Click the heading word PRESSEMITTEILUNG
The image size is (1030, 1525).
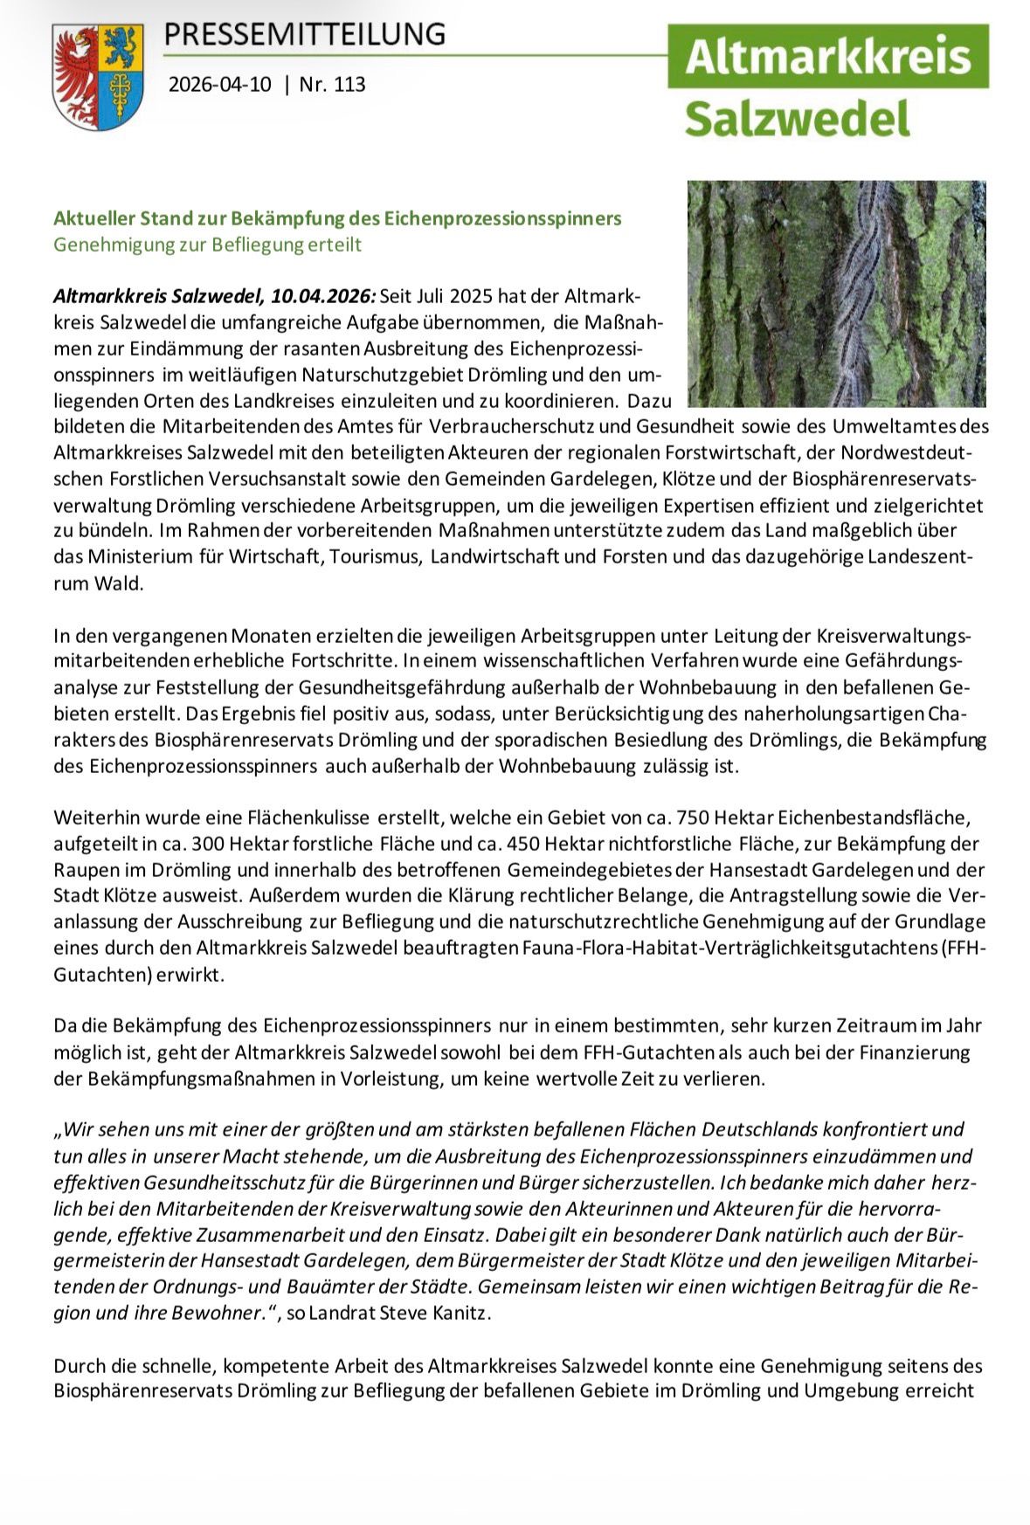point(304,34)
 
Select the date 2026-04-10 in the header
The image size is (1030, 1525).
point(219,85)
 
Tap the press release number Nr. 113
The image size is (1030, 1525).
point(332,85)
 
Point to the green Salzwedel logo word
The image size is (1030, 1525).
point(797,118)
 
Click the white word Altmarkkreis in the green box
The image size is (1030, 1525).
point(827,56)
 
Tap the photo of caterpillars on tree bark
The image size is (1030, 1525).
point(836,293)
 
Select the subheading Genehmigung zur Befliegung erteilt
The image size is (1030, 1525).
point(207,245)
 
